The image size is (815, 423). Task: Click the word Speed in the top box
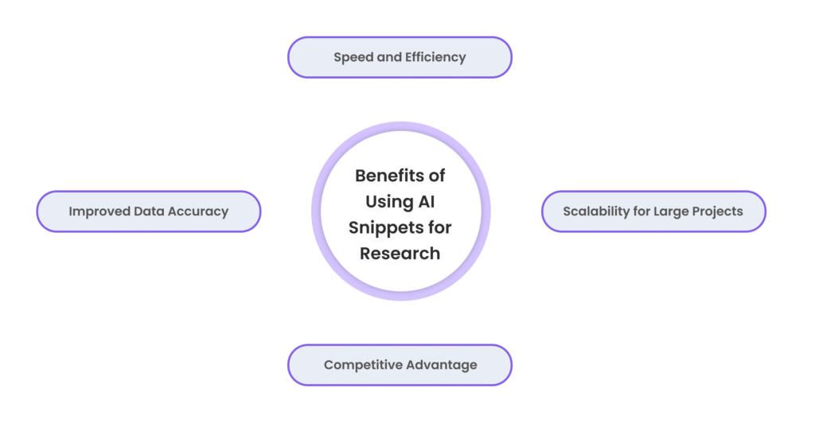[352, 57]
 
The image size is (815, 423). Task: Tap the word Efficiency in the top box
[433, 57]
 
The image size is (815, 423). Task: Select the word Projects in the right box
[719, 211]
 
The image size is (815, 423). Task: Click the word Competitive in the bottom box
[362, 365]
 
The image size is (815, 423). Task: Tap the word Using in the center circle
[388, 201]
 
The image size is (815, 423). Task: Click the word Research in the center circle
[400, 254]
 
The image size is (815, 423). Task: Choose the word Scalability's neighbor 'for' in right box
[646, 211]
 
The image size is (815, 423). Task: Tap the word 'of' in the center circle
[437, 175]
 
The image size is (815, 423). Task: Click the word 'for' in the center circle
[437, 227]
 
